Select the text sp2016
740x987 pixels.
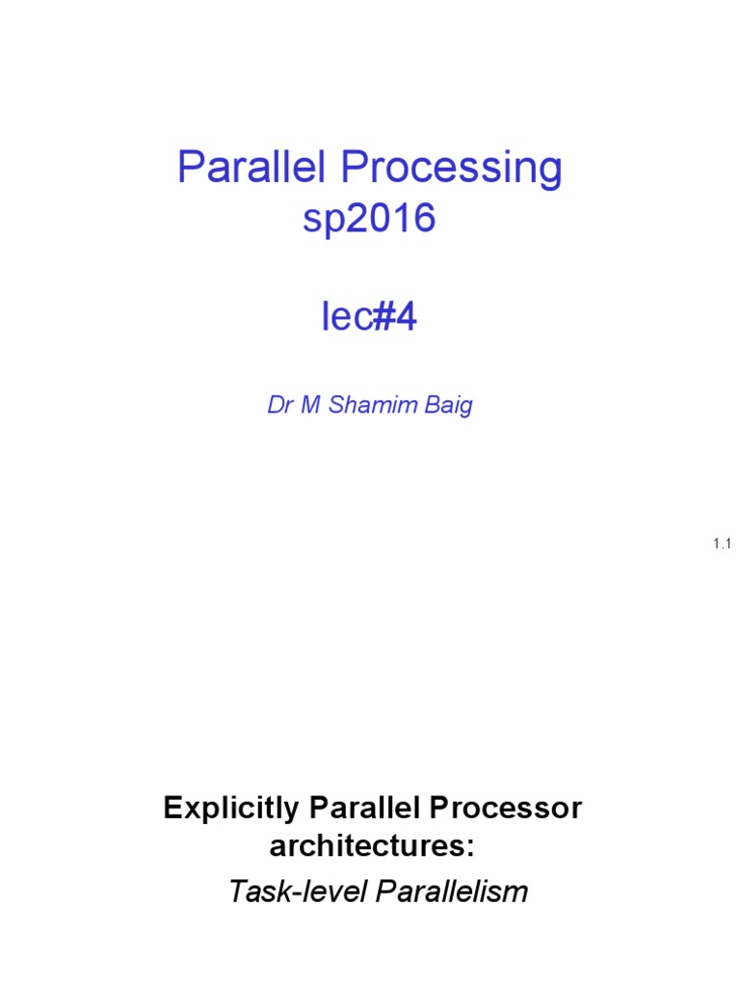[x=369, y=220]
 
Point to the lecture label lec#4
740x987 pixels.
[x=369, y=317]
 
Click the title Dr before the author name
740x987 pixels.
[x=279, y=405]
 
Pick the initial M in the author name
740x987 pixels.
[x=310, y=405]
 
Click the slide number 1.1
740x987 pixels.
[x=723, y=545]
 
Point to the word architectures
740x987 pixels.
[x=365, y=848]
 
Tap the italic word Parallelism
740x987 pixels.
[x=452, y=892]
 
